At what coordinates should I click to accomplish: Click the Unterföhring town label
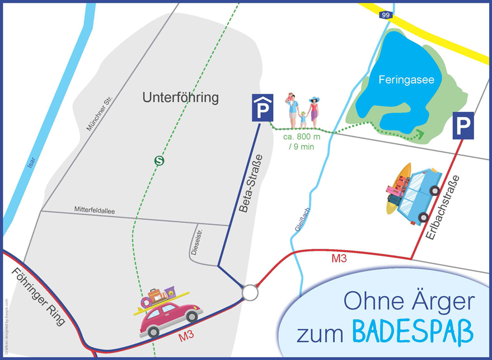coord(180,99)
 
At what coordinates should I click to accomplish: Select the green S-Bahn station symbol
coord(160,161)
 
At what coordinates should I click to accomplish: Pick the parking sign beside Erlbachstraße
coord(463,125)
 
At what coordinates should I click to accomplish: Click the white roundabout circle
coord(250,292)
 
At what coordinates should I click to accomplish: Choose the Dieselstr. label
coord(195,241)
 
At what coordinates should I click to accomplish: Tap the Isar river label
coord(31,161)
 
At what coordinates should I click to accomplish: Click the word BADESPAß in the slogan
coord(413,331)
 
